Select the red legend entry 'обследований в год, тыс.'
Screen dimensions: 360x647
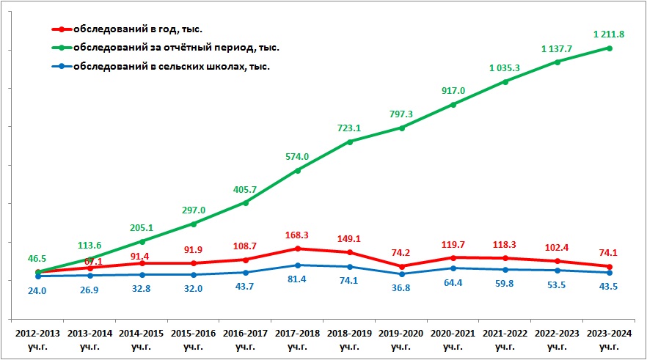coord(136,29)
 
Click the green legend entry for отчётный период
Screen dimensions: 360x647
coord(175,48)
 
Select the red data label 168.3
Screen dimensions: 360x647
coord(297,235)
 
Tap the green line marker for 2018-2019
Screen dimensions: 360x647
coord(349,142)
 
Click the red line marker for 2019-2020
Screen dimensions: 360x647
coord(401,267)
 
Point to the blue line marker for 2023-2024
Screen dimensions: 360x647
coord(609,273)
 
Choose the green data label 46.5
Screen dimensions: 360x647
coord(37,260)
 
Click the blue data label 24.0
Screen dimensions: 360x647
coord(37,290)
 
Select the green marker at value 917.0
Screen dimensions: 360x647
coord(453,105)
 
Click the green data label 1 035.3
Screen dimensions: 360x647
coord(505,68)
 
